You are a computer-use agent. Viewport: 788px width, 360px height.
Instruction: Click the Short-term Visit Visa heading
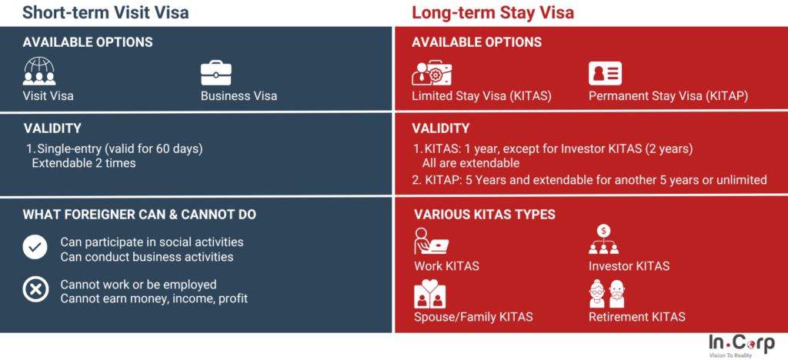point(105,12)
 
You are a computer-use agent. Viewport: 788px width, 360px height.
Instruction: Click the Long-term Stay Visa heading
point(492,12)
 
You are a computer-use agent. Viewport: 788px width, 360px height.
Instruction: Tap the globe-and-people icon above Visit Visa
point(39,72)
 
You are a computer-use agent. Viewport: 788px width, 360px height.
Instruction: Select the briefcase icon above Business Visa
point(216,73)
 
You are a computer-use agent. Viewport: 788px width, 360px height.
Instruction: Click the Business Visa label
point(239,95)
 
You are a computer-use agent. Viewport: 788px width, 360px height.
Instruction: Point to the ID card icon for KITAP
point(605,73)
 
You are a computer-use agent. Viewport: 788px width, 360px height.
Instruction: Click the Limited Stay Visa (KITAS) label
point(482,95)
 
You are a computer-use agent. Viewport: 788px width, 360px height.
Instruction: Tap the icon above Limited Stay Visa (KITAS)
point(432,73)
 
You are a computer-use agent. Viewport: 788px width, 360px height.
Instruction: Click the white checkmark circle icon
point(35,247)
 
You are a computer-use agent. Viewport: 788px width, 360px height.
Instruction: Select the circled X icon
point(35,290)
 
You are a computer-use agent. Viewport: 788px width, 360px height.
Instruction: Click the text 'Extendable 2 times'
point(83,163)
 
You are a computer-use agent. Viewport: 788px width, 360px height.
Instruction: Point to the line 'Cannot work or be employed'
point(139,285)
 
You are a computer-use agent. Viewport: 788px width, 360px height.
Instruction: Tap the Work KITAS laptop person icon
point(431,241)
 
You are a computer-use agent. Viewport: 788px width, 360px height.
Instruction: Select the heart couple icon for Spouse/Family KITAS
point(429,294)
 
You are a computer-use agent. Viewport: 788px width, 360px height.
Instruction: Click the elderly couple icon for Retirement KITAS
point(606,294)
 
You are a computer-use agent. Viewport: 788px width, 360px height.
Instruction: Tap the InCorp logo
point(741,345)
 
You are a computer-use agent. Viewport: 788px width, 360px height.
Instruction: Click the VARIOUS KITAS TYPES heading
point(485,215)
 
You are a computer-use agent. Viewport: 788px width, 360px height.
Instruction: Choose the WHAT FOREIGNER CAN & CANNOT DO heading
point(139,215)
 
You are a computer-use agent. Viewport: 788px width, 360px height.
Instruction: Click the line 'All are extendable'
point(470,163)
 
